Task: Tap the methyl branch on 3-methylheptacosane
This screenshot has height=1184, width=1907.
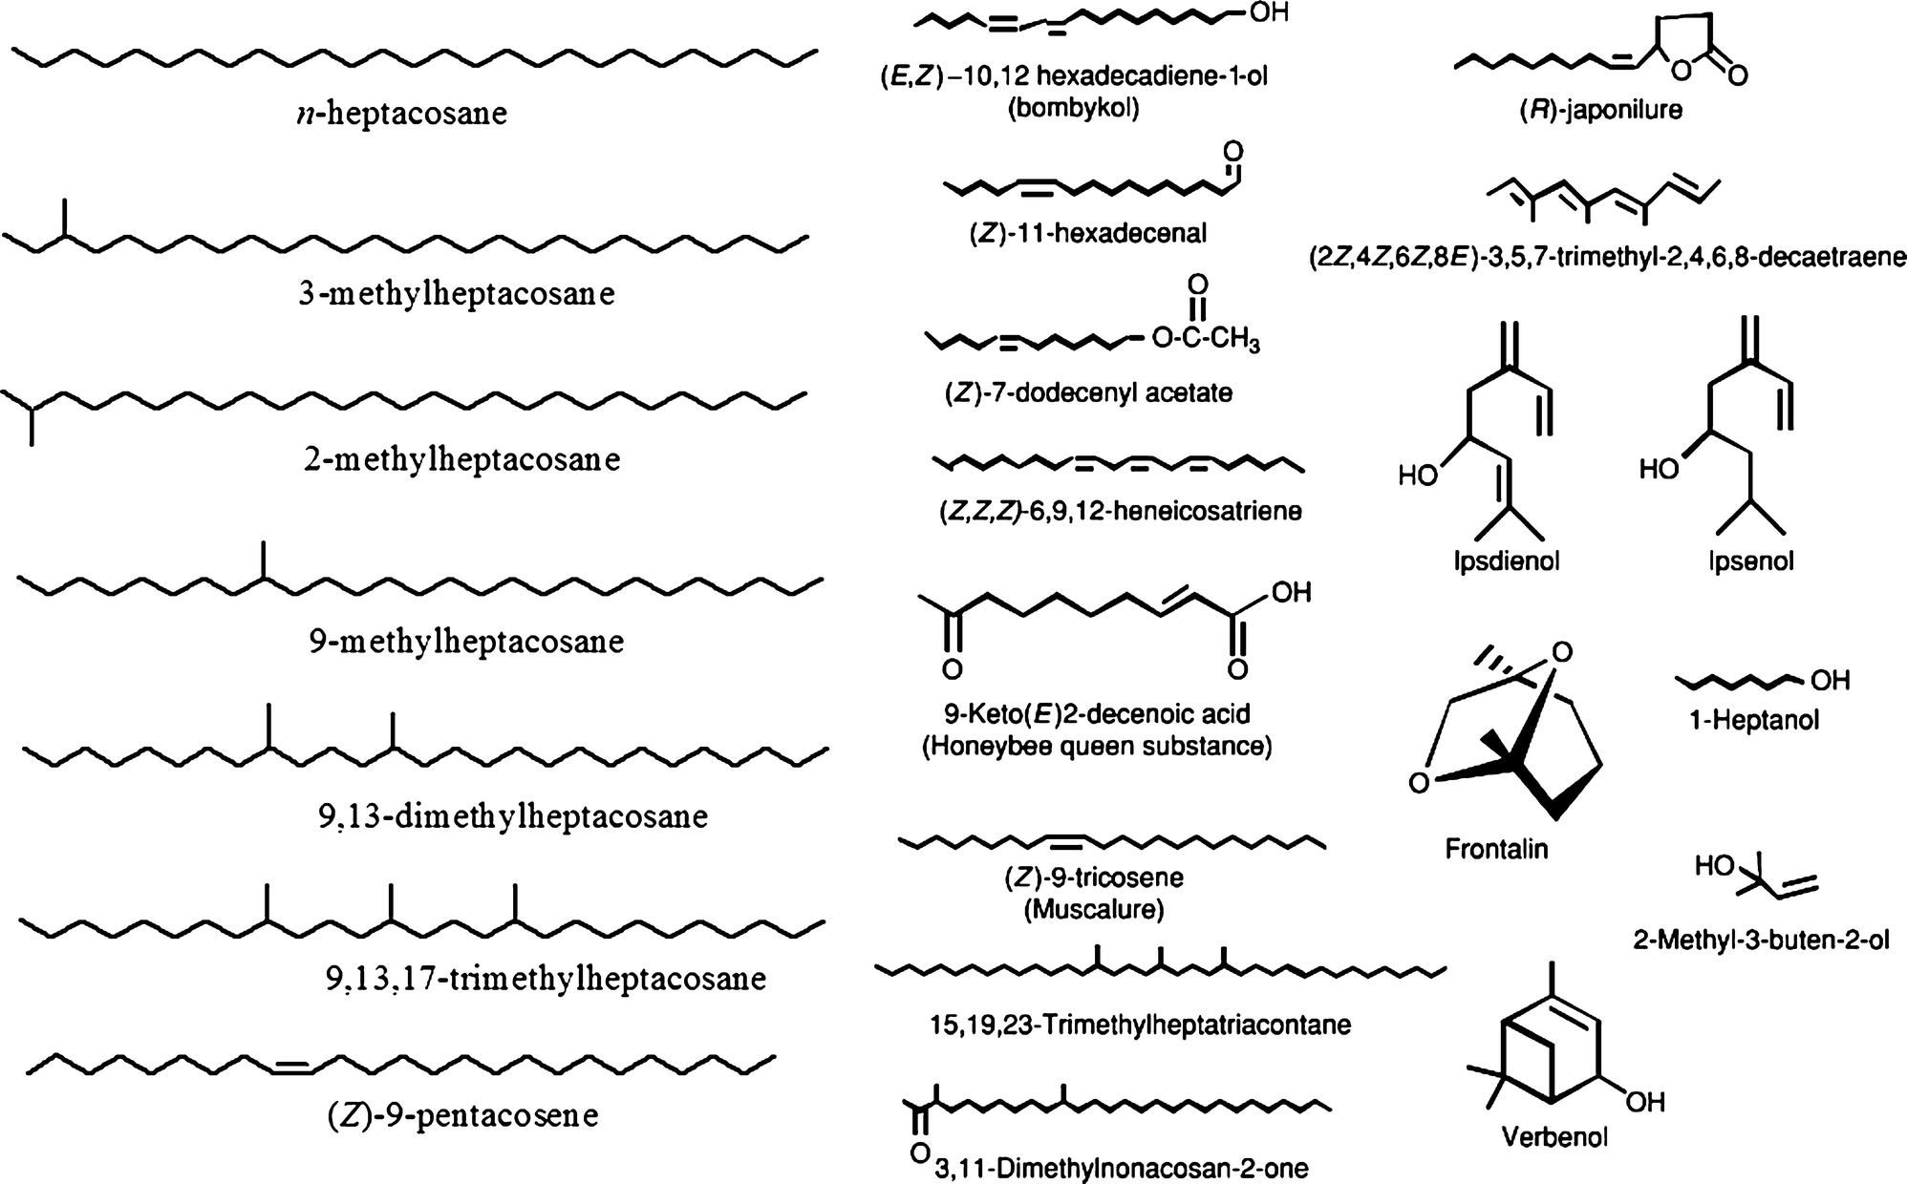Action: pyautogui.click(x=64, y=218)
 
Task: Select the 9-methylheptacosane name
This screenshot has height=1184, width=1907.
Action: pyautogui.click(x=466, y=641)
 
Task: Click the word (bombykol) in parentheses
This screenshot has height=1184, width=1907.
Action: pyautogui.click(x=1074, y=109)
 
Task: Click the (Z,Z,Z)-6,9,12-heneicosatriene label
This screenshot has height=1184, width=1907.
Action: pyautogui.click(x=1120, y=512)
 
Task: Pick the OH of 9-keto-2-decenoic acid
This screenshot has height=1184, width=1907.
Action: pyautogui.click(x=1291, y=593)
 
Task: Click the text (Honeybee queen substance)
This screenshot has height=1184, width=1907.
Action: pyautogui.click(x=1097, y=746)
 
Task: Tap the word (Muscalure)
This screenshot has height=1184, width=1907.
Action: pyautogui.click(x=1094, y=910)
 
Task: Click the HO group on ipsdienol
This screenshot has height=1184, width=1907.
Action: pyautogui.click(x=1419, y=474)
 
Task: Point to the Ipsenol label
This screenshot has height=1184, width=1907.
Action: pyautogui.click(x=1751, y=560)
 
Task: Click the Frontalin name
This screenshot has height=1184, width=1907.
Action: pyautogui.click(x=1496, y=848)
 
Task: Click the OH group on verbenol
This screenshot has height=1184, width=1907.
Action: pyautogui.click(x=1645, y=1102)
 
